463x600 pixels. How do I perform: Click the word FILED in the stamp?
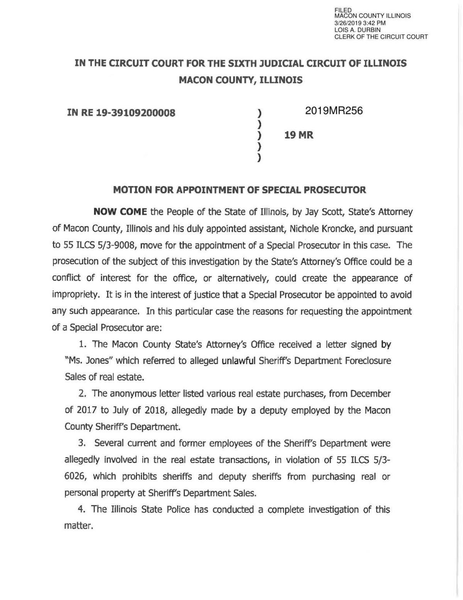pos(342,10)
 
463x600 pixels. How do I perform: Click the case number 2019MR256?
pos(334,111)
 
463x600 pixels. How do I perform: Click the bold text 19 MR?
pos(299,136)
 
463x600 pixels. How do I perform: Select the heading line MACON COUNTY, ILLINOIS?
pos(240,80)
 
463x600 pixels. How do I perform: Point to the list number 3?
pos(81,443)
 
